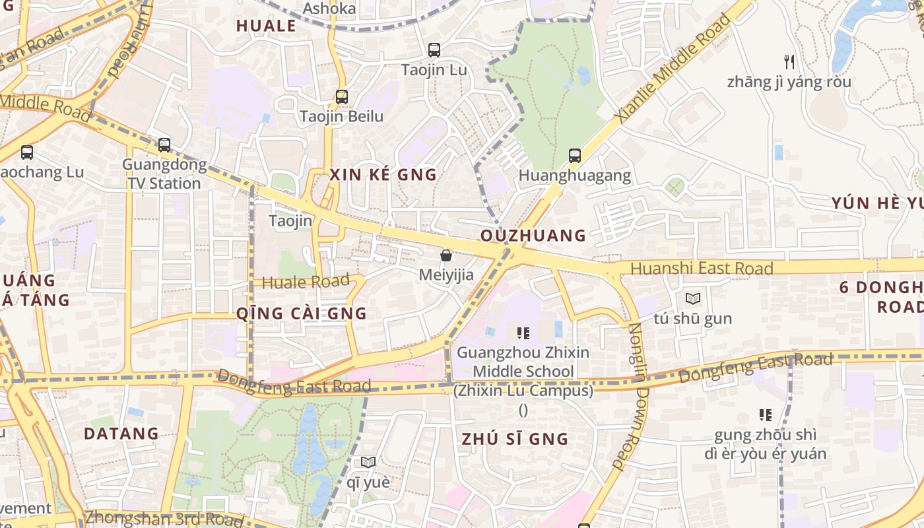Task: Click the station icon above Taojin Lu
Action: [x=434, y=49]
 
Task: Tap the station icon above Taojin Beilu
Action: [x=341, y=96]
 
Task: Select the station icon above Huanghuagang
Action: [x=575, y=156]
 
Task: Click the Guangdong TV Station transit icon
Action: [x=164, y=145]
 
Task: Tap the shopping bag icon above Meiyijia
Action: [x=446, y=255]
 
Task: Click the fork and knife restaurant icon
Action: [x=789, y=62]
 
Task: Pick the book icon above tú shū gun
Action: [x=693, y=298]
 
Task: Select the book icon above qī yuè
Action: [x=368, y=463]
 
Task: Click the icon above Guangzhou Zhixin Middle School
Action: [x=523, y=333]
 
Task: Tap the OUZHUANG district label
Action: [x=533, y=236]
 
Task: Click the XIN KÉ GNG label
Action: [x=383, y=175]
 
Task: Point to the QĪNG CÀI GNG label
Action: [x=302, y=313]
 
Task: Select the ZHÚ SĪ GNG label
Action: [x=515, y=439]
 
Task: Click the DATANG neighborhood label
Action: [x=121, y=434]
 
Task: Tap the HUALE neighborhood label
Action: [x=266, y=26]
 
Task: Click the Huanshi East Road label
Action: [x=702, y=269]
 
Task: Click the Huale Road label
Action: [x=306, y=282]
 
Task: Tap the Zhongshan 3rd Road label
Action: [x=164, y=519]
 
